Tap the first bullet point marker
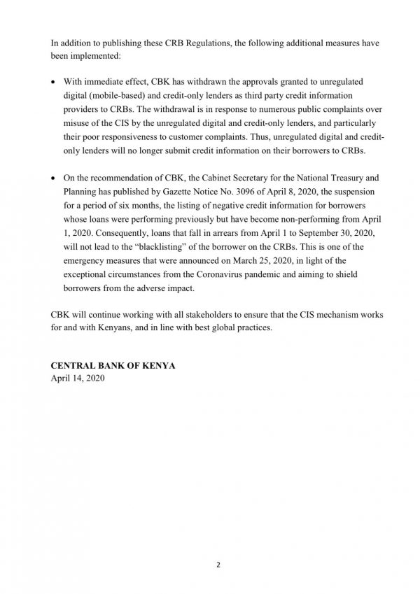pos(55,80)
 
